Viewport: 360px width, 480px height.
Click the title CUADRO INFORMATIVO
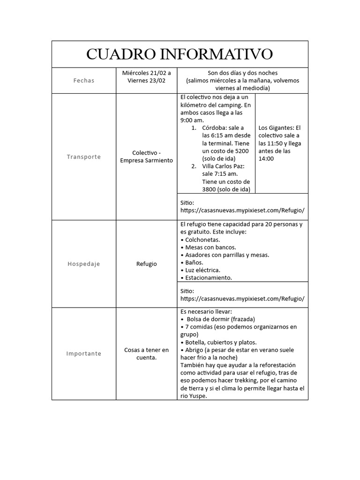(180, 54)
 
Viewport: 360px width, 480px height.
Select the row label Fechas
(84, 81)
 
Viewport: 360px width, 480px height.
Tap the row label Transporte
(84, 157)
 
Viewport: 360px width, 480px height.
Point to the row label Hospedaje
(84, 264)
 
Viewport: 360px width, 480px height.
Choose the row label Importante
(84, 353)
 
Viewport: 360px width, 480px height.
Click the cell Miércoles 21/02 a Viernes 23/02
(146, 76)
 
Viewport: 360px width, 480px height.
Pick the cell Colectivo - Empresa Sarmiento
(146, 157)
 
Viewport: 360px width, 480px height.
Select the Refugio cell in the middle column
(146, 264)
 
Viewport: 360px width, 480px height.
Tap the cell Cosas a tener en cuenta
(146, 353)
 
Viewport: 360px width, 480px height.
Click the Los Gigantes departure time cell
(282, 143)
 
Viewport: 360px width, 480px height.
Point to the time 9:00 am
(192, 120)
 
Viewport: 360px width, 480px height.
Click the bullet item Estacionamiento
(208, 277)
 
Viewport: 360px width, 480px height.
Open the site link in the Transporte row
(242, 210)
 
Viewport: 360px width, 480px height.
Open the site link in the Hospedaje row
(242, 299)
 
